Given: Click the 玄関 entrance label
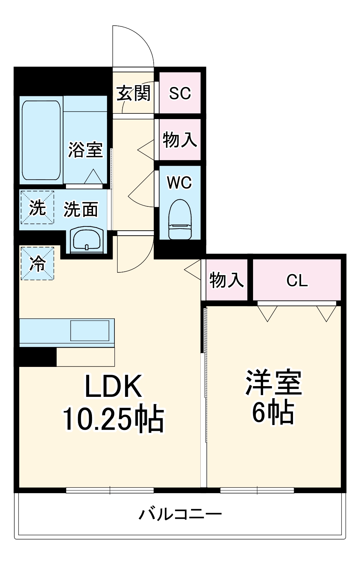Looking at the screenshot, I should point(134,93).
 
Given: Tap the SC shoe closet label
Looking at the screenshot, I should point(180,93).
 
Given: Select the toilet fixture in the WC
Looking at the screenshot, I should point(180,219).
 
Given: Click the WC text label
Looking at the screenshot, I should point(180,183).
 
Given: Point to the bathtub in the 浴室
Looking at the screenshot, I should point(41,140).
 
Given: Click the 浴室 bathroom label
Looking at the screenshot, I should point(86,149).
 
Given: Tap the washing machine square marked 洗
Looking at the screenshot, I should point(37,208).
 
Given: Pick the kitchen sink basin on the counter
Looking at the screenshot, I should point(89,331).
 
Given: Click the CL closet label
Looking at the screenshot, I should point(297,281).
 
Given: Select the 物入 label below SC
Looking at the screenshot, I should point(180,139).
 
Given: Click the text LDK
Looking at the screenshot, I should point(113,387).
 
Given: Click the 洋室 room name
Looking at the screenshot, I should point(273,383).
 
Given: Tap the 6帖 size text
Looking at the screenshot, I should point(273,413).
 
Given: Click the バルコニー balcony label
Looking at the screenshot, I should point(180,514).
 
